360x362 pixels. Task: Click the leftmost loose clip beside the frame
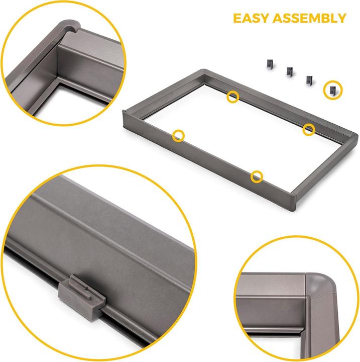tap(270, 63)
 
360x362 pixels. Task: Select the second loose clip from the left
tap(290, 71)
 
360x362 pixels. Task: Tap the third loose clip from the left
tap(310, 79)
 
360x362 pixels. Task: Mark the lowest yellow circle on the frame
tap(257, 175)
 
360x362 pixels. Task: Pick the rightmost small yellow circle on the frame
tap(309, 130)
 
